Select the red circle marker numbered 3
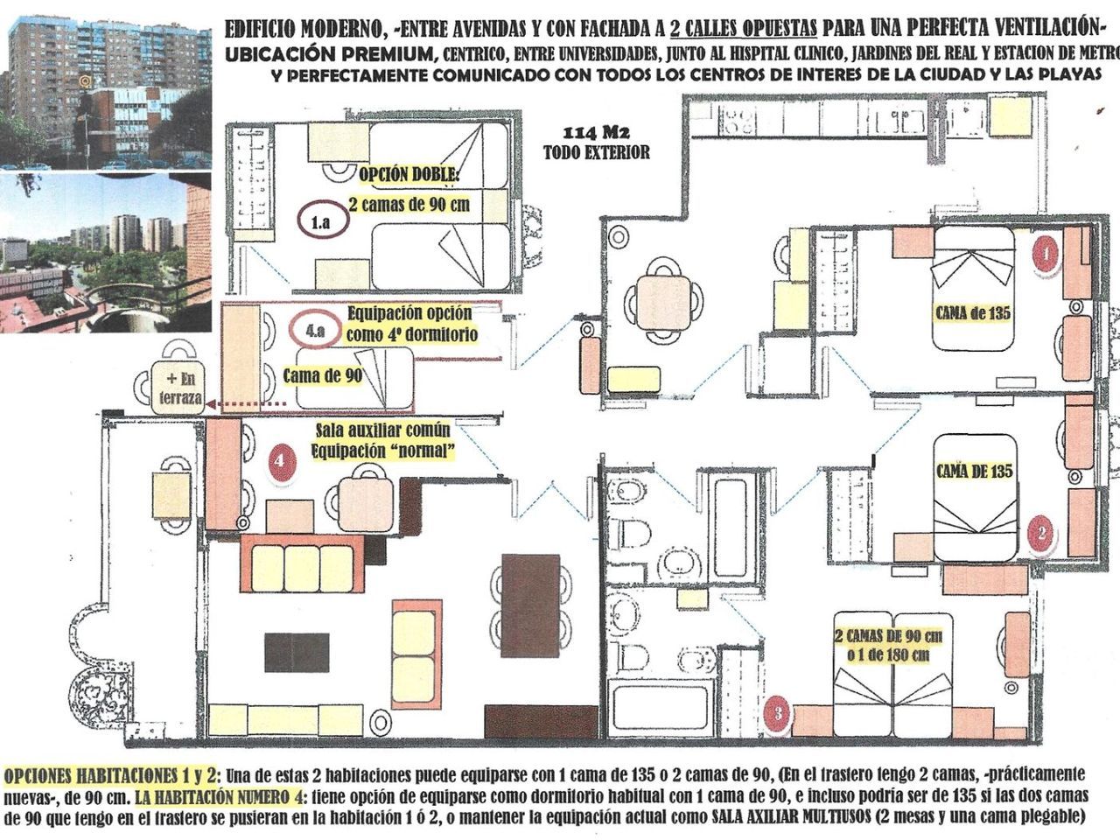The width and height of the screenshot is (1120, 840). [778, 713]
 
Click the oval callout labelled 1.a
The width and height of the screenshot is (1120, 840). [323, 222]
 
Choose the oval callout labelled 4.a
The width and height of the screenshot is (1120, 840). [314, 330]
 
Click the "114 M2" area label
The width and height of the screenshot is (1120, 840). [596, 133]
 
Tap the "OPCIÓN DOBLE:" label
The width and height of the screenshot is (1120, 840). [409, 175]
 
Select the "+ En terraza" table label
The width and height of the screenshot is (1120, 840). [180, 388]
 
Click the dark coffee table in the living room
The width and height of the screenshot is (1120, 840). [297, 653]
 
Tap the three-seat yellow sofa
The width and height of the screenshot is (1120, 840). [303, 563]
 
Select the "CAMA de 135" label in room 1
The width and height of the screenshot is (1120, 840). [972, 312]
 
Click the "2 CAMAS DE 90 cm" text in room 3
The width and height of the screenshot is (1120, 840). [888, 636]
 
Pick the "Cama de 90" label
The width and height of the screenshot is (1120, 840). [323, 376]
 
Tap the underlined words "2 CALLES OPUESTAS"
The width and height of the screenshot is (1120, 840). [743, 30]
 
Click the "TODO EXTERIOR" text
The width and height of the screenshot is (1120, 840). [597, 152]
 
